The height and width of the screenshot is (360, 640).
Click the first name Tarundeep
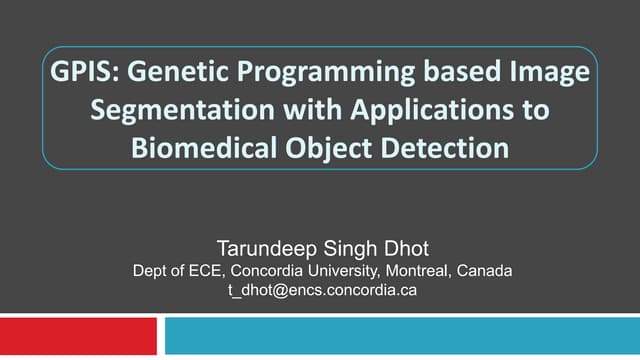click(x=264, y=247)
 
